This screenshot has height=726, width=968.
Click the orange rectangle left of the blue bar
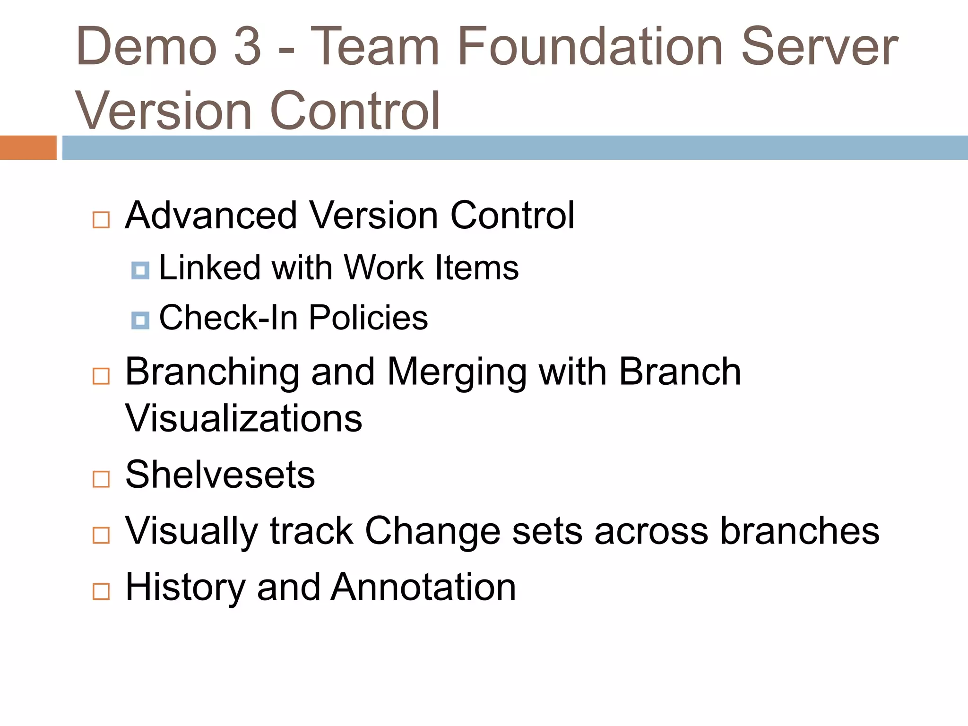click(x=28, y=147)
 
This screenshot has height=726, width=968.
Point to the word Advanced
click(x=211, y=216)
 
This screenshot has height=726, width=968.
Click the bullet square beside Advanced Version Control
click(x=101, y=220)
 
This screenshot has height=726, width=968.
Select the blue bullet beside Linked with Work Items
click(x=140, y=270)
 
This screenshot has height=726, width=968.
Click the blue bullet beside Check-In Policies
click(x=140, y=320)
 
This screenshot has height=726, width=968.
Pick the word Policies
click(x=368, y=318)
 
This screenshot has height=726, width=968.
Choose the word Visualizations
click(x=243, y=419)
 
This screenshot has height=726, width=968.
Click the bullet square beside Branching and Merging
click(x=101, y=376)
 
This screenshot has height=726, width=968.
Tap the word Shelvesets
click(x=220, y=475)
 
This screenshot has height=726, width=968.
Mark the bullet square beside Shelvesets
click(x=101, y=479)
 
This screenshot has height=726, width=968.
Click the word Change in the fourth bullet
click(x=432, y=531)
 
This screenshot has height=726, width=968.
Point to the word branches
click(x=799, y=531)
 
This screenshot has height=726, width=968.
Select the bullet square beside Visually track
click(x=101, y=536)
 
